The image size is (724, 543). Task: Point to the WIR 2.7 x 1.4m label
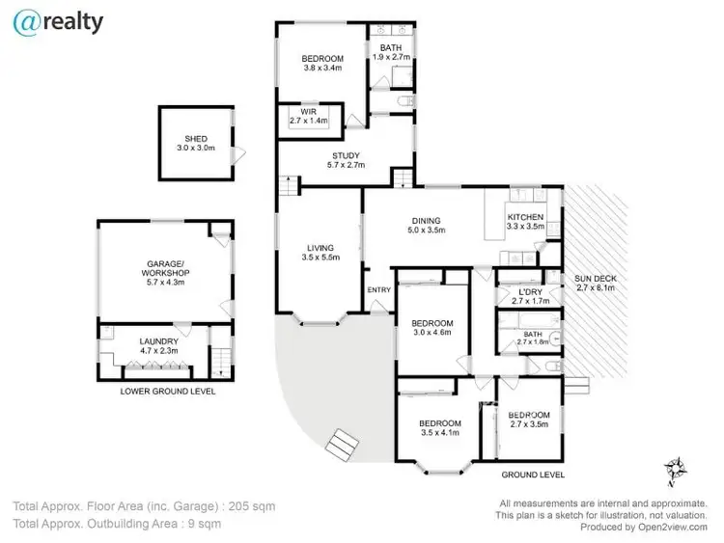[x=309, y=117]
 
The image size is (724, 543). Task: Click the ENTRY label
[x=378, y=289]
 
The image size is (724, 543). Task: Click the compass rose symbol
[x=675, y=470]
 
